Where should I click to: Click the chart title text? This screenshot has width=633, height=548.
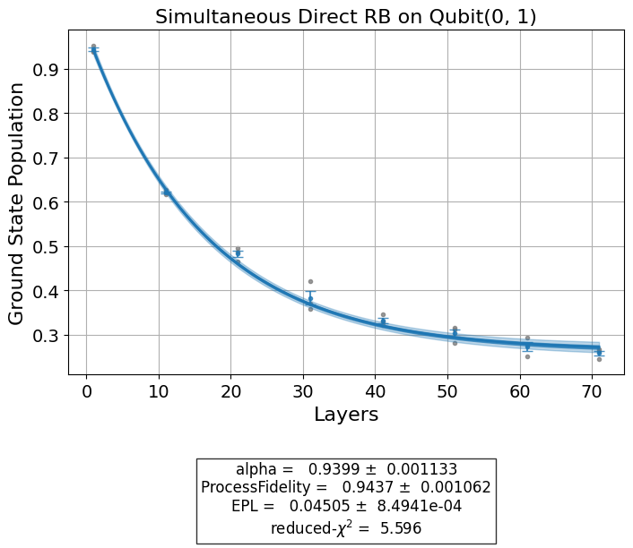345,17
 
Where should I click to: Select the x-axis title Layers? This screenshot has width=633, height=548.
345,415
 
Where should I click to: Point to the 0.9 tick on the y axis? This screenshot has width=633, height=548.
46,70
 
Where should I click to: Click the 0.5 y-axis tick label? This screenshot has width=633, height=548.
46,247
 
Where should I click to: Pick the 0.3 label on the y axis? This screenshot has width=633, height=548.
46,336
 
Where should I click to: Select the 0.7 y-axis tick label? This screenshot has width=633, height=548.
46,158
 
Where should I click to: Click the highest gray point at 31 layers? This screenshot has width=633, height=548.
310,282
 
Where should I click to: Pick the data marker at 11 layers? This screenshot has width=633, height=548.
166,193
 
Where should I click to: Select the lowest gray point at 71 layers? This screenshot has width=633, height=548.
599,359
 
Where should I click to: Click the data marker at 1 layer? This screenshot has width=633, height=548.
93,49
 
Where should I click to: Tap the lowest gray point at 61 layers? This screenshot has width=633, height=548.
527,356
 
